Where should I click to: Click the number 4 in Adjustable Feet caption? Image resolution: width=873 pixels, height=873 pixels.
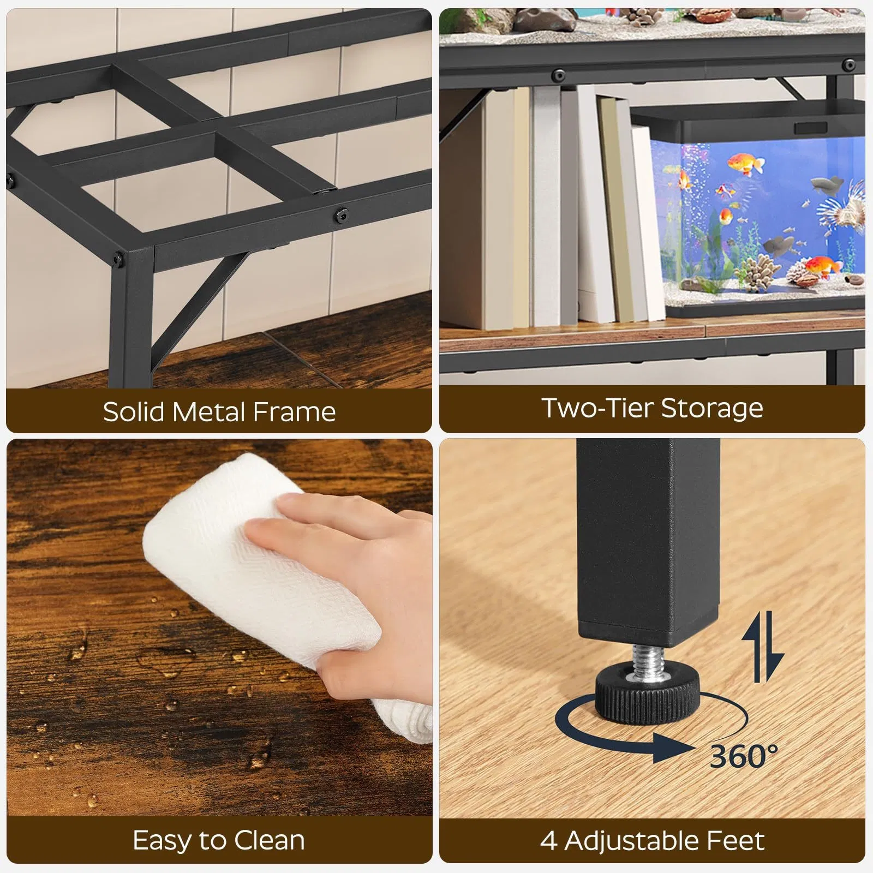tap(548, 841)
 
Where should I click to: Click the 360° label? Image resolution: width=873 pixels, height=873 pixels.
tap(743, 756)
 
